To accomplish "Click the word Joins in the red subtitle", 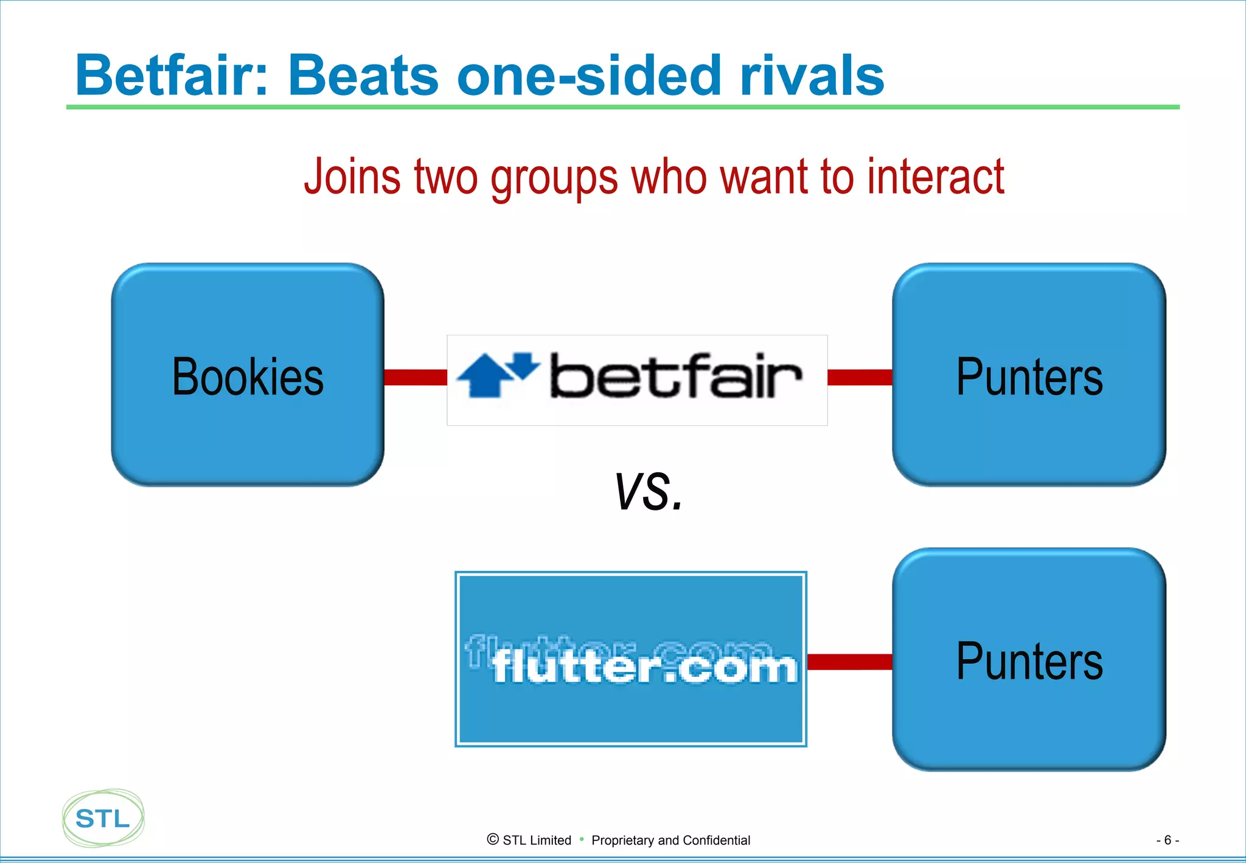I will (x=352, y=176).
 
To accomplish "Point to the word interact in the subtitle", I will (x=935, y=176).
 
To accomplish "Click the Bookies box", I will (x=248, y=375).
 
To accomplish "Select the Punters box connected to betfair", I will (x=1029, y=375).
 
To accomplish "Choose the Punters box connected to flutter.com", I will (x=1029, y=660).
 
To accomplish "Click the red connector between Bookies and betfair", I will (x=416, y=377).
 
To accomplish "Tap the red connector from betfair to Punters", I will (x=860, y=377).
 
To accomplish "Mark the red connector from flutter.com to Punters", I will (x=849, y=662).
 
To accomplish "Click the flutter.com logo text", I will (x=645, y=667).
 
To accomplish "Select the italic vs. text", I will (x=649, y=492).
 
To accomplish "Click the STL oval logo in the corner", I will (x=103, y=819).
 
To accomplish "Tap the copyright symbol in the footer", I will (x=493, y=839).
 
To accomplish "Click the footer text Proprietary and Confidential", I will (x=670, y=840).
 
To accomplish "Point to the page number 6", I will (x=1167, y=840).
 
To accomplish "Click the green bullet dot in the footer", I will (x=582, y=839).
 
